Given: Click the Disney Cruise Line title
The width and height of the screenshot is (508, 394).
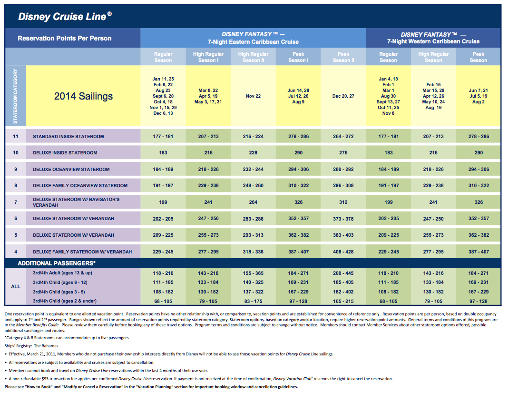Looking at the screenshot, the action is click(65, 16).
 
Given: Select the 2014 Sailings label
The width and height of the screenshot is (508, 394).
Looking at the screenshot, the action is click(83, 96).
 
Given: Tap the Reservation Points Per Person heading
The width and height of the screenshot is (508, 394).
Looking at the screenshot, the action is click(65, 38).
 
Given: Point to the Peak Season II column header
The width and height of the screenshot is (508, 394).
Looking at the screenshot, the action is click(343, 57).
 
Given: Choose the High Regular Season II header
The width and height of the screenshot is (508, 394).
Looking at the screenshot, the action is click(254, 57).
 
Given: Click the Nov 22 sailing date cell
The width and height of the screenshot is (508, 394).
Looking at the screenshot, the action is click(254, 96).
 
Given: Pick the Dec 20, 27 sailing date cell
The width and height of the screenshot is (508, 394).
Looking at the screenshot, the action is click(343, 96).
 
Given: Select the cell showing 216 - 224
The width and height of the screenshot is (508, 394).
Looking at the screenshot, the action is click(254, 137).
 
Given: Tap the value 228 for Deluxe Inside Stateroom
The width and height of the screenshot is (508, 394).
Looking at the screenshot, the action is click(254, 153).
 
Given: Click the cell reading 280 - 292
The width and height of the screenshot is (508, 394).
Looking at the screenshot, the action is click(343, 170).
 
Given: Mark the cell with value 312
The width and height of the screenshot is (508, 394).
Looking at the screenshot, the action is click(343, 202).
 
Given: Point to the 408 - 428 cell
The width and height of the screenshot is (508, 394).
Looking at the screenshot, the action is click(343, 252).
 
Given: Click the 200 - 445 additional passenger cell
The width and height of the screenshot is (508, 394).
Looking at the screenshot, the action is click(343, 273).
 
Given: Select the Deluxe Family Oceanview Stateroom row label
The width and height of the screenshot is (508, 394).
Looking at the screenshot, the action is click(80, 186).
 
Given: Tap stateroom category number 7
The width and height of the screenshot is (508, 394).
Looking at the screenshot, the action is click(16, 202).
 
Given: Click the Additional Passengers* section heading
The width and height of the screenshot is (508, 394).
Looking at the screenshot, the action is click(57, 263).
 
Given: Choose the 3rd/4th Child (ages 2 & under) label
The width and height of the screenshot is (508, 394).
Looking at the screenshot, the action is click(65, 301).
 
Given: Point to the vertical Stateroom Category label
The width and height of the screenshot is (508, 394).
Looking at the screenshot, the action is click(15, 96).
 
